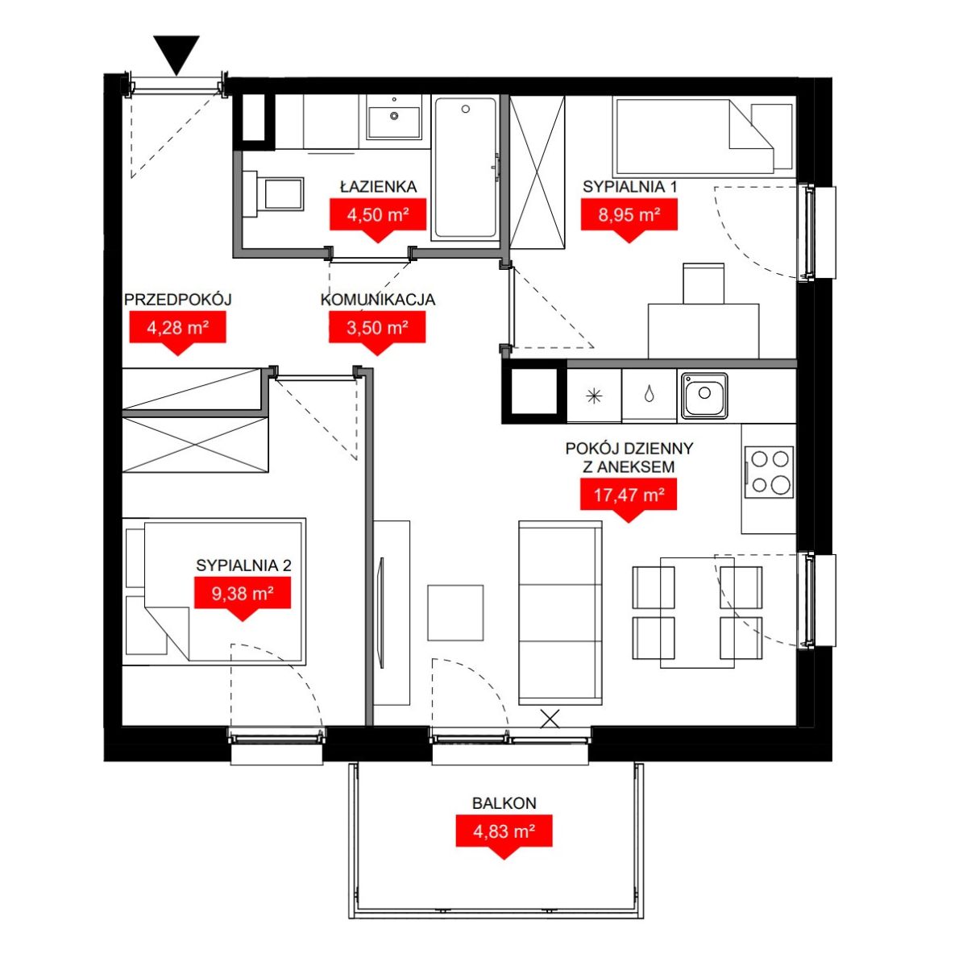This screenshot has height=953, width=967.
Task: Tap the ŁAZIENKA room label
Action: point(379,187)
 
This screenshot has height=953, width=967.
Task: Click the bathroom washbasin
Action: point(394,122)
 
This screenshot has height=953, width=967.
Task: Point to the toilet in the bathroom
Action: point(273,194)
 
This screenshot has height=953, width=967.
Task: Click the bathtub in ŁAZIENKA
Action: point(465,167)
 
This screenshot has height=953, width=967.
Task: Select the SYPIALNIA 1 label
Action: point(630,187)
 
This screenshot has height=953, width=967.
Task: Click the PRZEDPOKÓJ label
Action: point(177,300)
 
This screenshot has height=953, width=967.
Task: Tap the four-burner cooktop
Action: point(769,472)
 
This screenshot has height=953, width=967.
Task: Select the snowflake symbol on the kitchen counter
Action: point(594,396)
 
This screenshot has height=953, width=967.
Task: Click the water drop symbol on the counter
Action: point(650,395)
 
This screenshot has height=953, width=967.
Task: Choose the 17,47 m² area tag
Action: point(629,499)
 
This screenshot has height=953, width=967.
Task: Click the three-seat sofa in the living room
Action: point(560,613)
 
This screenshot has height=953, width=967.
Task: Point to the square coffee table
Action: point(455,613)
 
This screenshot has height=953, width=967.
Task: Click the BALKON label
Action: point(504,803)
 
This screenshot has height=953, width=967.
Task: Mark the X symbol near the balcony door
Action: point(550,719)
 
